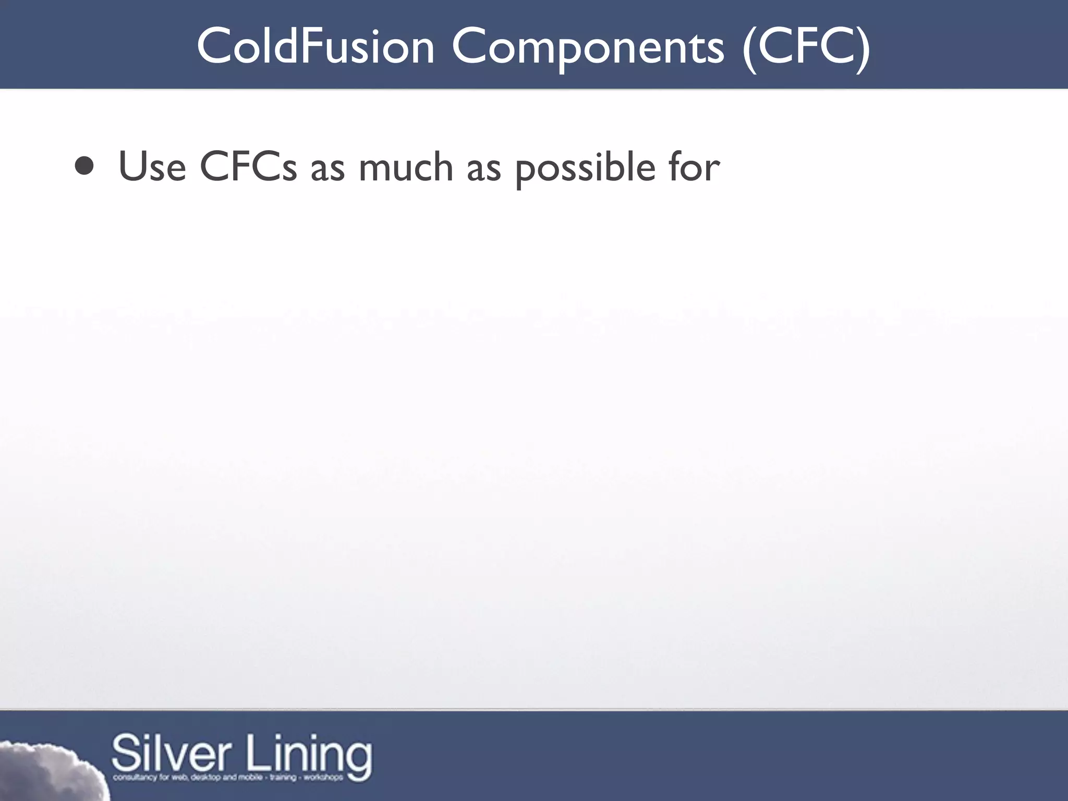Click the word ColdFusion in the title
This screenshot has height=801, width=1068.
pyautogui.click(x=315, y=47)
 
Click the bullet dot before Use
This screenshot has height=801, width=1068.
pyautogui.click(x=84, y=166)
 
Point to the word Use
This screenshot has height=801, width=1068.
pyautogui.click(x=152, y=167)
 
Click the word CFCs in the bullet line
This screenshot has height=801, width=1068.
pyautogui.click(x=248, y=167)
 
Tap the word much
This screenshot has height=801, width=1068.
pyautogui.click(x=406, y=167)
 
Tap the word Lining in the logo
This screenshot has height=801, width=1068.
pyautogui.click(x=309, y=754)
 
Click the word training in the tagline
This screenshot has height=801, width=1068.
pyautogui.click(x=283, y=778)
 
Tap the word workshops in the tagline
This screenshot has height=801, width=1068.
pyautogui.click(x=323, y=778)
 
